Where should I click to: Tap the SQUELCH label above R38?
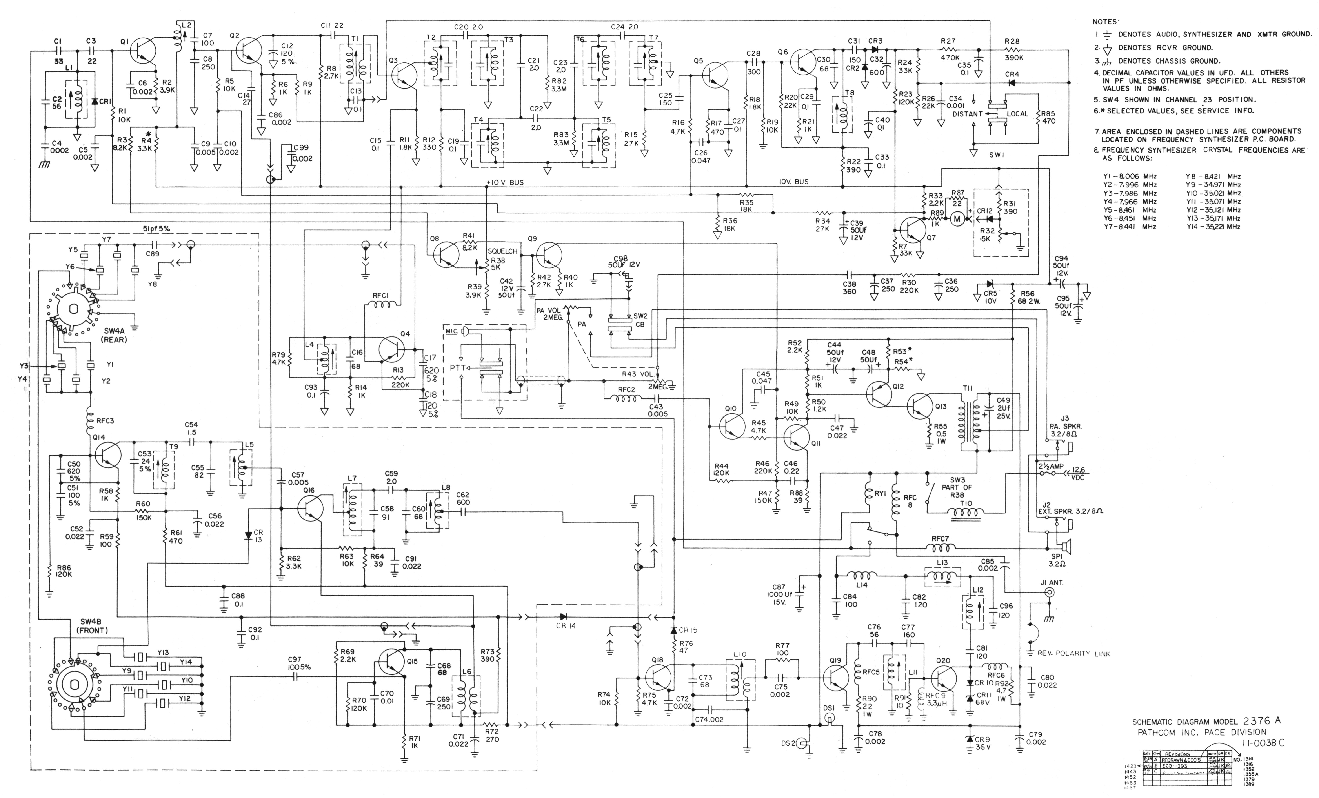(x=503, y=251)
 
